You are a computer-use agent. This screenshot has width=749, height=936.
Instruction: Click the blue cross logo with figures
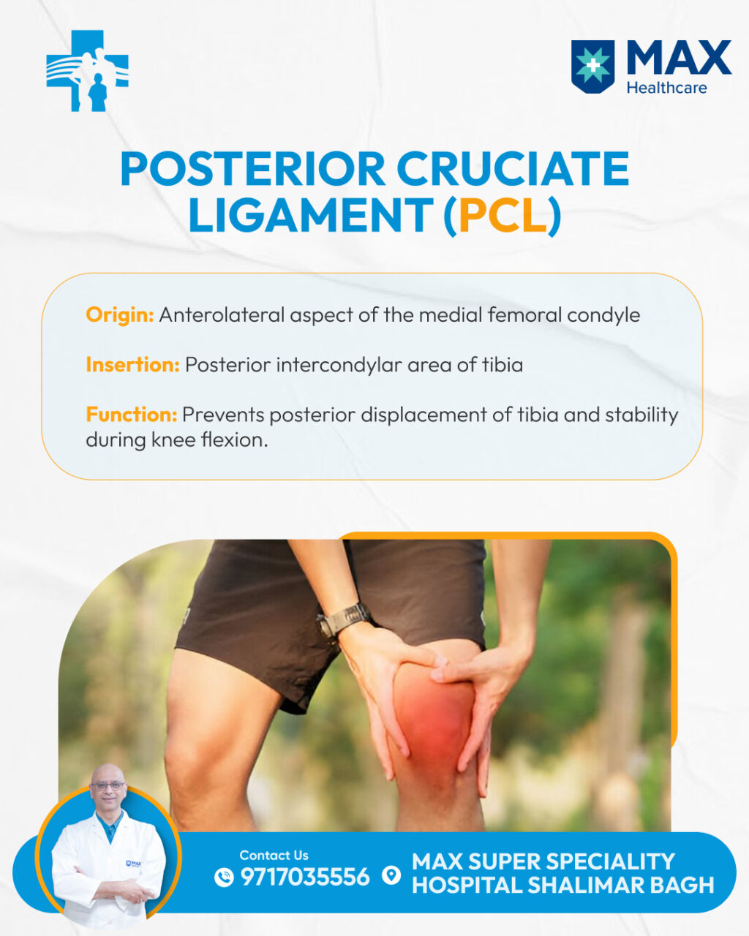pyautogui.click(x=87, y=70)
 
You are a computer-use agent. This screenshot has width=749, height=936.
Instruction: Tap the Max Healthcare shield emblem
pyautogui.click(x=592, y=67)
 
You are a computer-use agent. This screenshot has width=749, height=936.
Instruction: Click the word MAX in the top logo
pyautogui.click(x=680, y=58)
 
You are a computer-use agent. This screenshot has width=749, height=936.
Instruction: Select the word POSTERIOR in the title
pyautogui.click(x=253, y=169)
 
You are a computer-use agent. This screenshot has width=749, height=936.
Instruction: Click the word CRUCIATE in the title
pyautogui.click(x=513, y=169)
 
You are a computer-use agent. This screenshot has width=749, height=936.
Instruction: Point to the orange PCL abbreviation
pyautogui.click(x=503, y=215)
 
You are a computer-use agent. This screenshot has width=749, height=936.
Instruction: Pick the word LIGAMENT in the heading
pyautogui.click(x=311, y=215)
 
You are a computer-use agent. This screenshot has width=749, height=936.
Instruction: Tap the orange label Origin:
pyautogui.click(x=120, y=315)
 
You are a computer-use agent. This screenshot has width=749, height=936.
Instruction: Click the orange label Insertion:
pyautogui.click(x=132, y=364)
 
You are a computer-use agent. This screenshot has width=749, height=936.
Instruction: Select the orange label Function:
pyautogui.click(x=132, y=415)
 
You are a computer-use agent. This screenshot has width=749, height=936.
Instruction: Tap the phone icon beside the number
pyautogui.click(x=224, y=877)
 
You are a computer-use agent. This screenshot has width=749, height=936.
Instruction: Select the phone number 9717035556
pyautogui.click(x=305, y=877)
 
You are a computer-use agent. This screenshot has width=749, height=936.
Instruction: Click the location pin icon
pyautogui.click(x=391, y=875)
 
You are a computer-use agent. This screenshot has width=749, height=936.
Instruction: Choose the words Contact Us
pyautogui.click(x=274, y=856)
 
